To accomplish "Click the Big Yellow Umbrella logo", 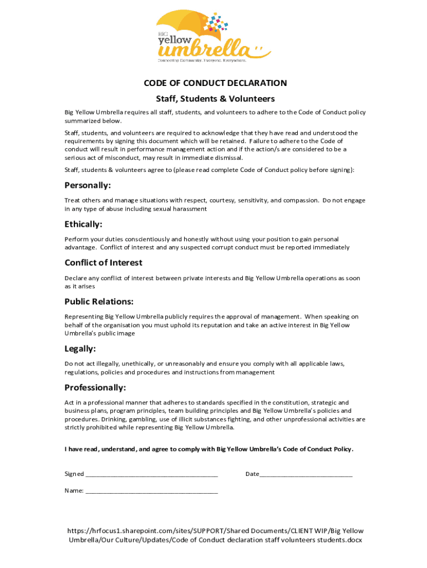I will pos(213,37).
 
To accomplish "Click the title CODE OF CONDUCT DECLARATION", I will pos(215,83).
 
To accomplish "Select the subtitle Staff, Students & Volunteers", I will pos(215,99).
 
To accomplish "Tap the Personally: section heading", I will pos(88,185).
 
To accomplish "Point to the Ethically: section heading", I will pos(83,224).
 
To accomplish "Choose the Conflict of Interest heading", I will pos(103,262).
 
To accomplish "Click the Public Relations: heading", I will pos(99,302).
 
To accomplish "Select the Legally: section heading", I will pos(80,349).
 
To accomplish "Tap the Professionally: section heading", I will pos(95,387).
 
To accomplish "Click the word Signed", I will pos(74,474).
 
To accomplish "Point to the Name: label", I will pos(74,491).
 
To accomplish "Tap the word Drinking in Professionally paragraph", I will pos(104,420).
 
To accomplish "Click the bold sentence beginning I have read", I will pos(209,449).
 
